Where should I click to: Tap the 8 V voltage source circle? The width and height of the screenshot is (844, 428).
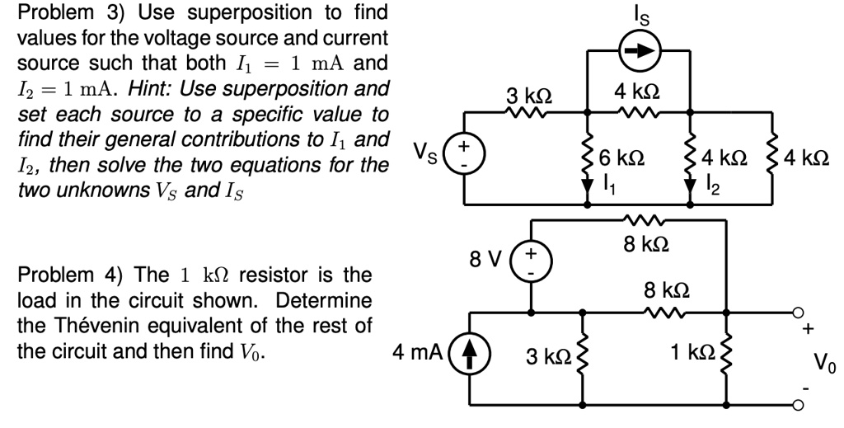530,269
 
